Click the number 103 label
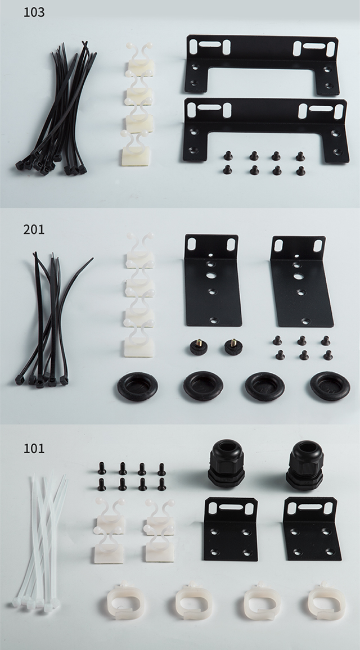click(34, 12)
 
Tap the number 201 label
click(34, 229)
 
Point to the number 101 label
click(34, 449)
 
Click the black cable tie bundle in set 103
click(56, 110)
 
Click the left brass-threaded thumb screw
click(199, 346)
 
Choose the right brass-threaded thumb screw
click(233, 346)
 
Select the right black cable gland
click(305, 465)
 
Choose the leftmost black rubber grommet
click(137, 386)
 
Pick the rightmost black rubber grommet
click(330, 386)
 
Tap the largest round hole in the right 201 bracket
click(298, 276)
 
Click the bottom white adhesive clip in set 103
click(135, 151)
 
